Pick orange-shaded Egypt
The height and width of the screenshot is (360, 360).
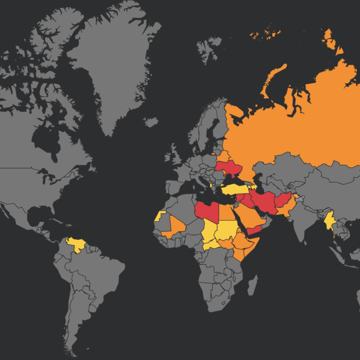coord(227,211)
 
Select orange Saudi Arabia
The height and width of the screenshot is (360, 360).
coord(250,216)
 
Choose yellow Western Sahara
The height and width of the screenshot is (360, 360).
coord(159,215)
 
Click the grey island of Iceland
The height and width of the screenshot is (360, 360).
coord(151,122)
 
